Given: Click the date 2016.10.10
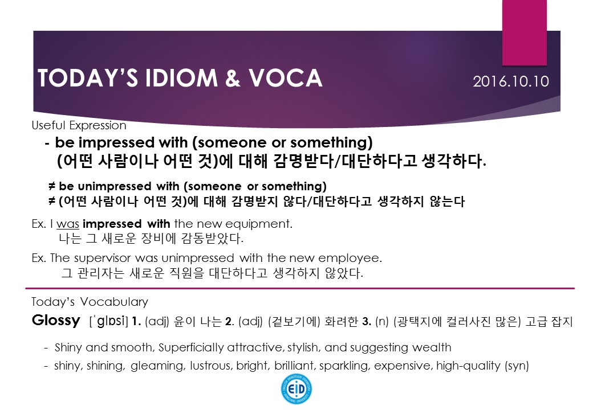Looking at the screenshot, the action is click(510, 81).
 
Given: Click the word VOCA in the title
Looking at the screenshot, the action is click(285, 78).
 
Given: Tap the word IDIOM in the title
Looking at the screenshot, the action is click(181, 78).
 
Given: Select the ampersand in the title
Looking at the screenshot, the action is click(233, 78).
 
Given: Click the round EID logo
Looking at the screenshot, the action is click(296, 389).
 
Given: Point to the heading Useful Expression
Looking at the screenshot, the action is click(79, 125).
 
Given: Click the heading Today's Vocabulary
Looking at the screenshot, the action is click(90, 302).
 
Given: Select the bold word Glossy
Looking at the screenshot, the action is click(56, 320).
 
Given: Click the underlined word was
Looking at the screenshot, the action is click(68, 224).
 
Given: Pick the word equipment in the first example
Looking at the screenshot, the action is click(259, 224).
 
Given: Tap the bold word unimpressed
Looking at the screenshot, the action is click(115, 187).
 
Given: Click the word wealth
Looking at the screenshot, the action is click(432, 347).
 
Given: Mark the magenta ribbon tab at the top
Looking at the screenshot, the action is click(524, 32).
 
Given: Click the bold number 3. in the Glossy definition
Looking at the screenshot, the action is click(367, 321).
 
